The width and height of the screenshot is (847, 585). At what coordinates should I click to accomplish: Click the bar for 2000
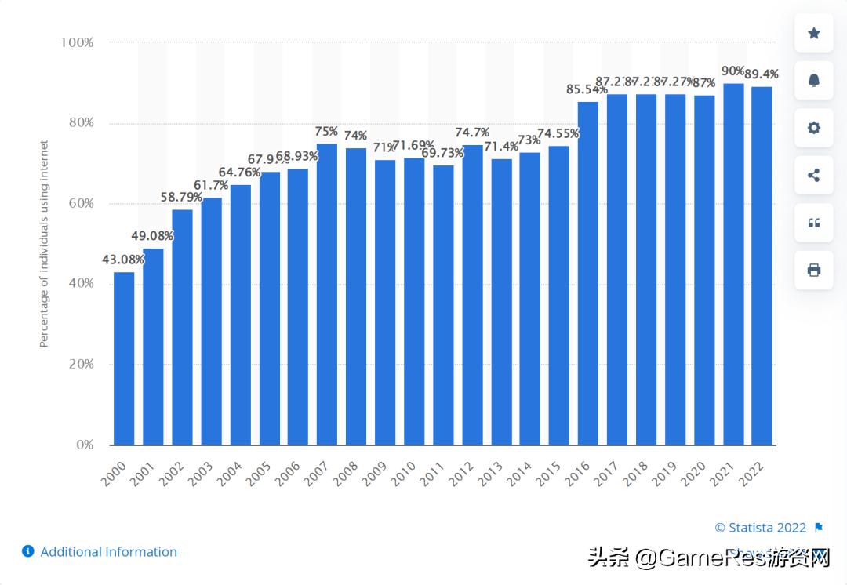(x=124, y=358)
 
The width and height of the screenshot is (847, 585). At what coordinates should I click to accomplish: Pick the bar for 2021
(x=733, y=264)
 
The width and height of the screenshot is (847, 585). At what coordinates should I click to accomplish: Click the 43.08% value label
(x=124, y=260)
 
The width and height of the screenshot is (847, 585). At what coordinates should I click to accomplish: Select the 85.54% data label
(x=587, y=89)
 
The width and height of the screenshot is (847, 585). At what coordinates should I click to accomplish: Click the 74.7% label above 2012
(x=472, y=132)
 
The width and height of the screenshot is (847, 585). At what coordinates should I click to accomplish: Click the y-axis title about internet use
(x=45, y=243)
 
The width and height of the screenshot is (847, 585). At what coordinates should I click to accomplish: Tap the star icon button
(x=813, y=33)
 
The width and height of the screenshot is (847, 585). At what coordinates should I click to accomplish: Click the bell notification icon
(x=813, y=80)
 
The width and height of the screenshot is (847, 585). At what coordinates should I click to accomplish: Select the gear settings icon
(x=813, y=128)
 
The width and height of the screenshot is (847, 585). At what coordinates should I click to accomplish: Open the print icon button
(x=813, y=271)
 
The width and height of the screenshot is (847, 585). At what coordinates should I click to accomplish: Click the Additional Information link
(x=108, y=552)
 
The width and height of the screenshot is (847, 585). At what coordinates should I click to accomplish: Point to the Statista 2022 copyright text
(x=760, y=528)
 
